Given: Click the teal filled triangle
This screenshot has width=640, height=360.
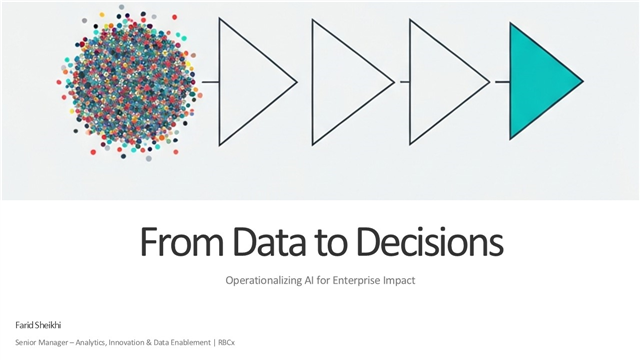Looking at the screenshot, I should click(538, 81).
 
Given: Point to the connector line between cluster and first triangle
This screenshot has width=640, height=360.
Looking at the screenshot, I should click(210, 81).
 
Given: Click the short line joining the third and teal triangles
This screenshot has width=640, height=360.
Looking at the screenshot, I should click(501, 81).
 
